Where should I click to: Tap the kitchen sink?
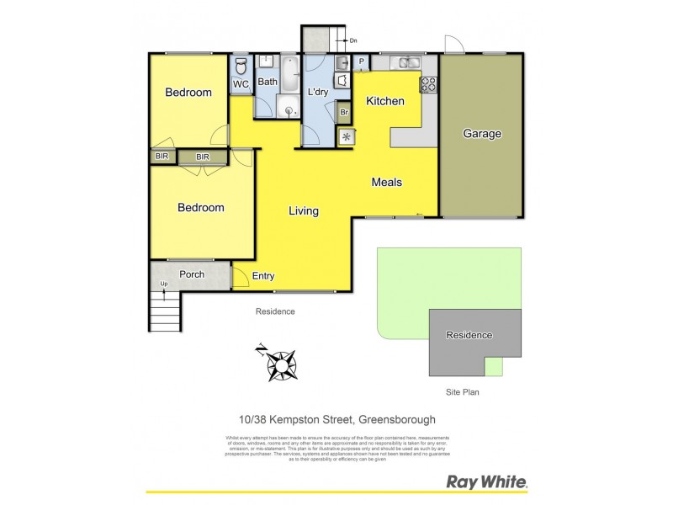[x=407, y=62]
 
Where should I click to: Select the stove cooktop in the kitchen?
[x=428, y=83]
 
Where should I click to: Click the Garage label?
[x=482, y=134]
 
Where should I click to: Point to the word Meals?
[x=387, y=182]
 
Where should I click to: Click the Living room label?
[x=303, y=211]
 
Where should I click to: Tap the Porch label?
[x=192, y=274]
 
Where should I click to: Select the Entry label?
[x=263, y=276]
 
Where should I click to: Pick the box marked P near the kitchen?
[x=361, y=61]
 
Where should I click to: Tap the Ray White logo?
[x=485, y=482]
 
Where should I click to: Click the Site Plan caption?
[x=462, y=392]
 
